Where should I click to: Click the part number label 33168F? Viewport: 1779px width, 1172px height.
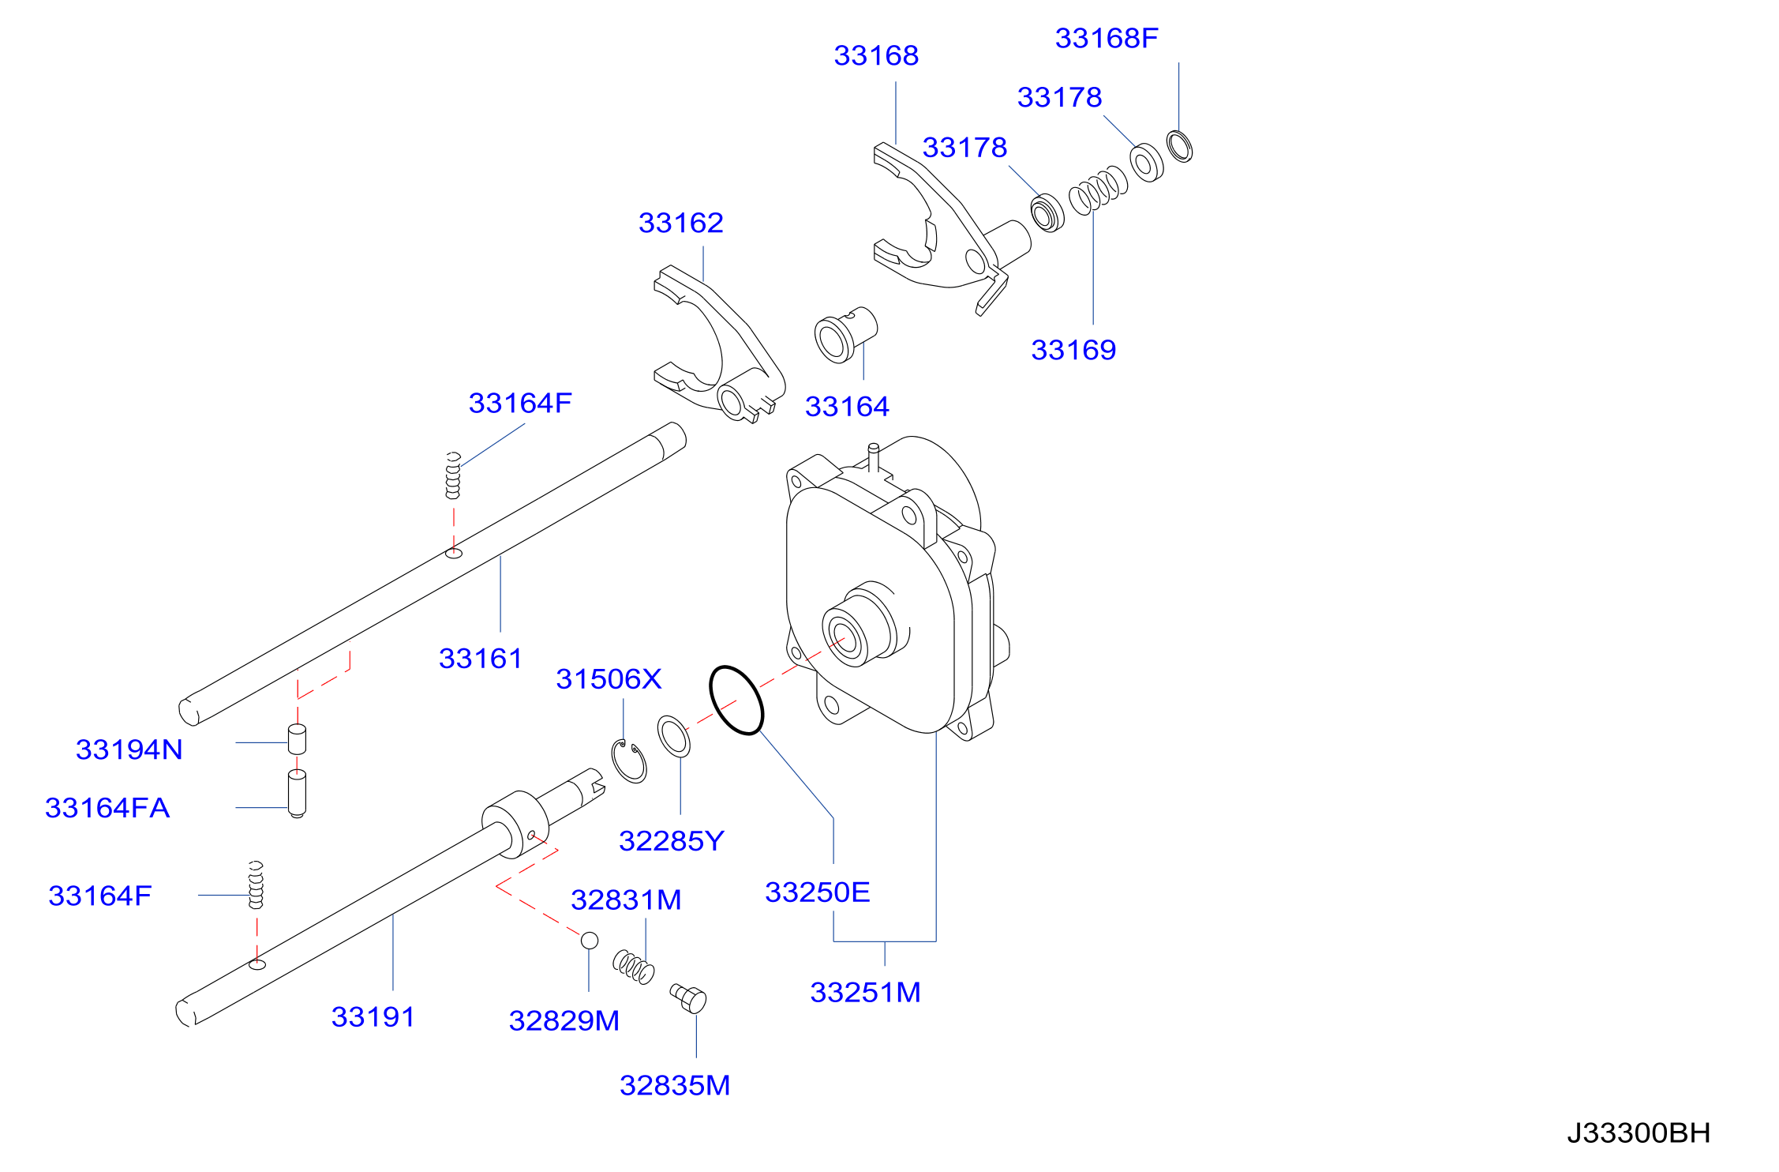(x=1107, y=38)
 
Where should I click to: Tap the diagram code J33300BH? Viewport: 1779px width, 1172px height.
(x=1639, y=1133)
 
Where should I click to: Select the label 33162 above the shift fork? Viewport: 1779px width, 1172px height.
(x=681, y=223)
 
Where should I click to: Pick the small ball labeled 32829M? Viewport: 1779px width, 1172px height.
(x=590, y=941)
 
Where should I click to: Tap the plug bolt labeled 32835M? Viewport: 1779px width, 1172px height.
(x=689, y=998)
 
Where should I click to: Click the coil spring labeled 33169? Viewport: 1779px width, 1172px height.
(x=1098, y=190)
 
